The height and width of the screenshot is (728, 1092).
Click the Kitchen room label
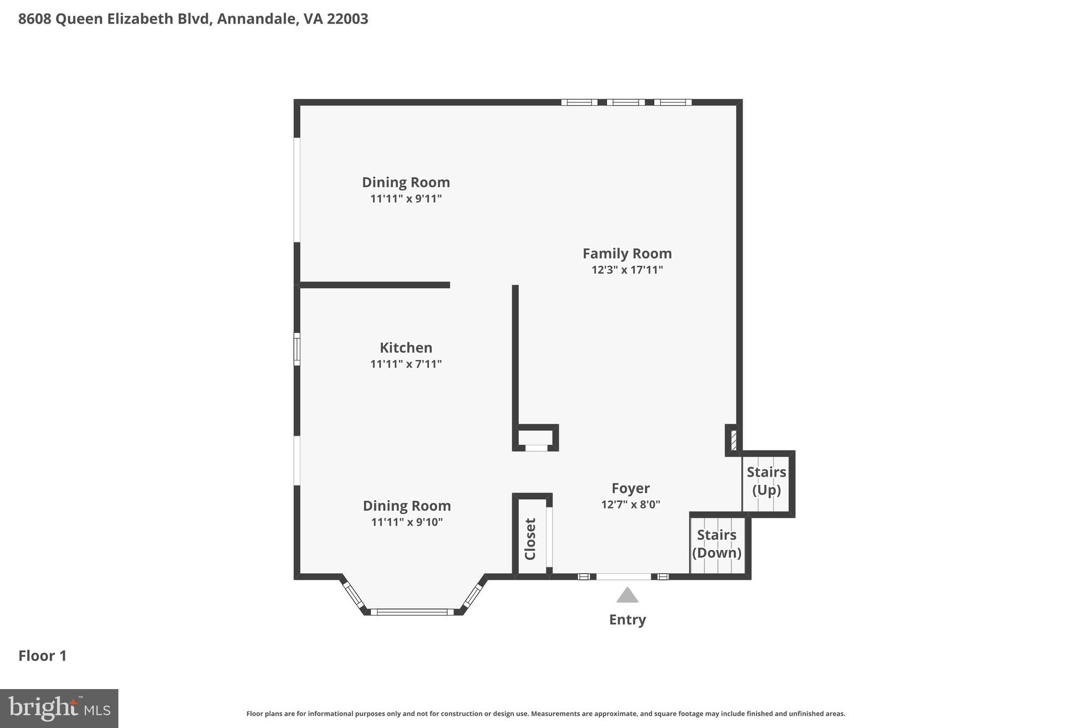click(406, 348)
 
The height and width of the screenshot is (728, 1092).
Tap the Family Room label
click(627, 253)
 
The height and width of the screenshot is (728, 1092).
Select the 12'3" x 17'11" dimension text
click(627, 270)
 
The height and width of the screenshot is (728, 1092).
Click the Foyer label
click(630, 488)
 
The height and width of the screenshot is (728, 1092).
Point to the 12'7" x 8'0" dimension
click(630, 505)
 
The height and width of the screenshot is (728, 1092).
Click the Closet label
click(530, 539)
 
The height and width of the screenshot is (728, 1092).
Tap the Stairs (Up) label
click(766, 481)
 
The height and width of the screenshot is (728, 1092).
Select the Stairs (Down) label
click(717, 543)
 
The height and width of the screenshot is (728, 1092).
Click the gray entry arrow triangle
click(627, 596)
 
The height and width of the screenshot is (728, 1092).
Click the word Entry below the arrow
click(627, 620)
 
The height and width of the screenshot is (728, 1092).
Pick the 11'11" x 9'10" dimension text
click(407, 522)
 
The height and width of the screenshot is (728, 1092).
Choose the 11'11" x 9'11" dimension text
click(406, 199)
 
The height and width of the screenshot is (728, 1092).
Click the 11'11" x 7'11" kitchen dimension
click(406, 364)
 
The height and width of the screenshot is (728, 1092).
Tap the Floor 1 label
click(43, 656)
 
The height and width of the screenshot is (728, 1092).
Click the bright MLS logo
click(59, 708)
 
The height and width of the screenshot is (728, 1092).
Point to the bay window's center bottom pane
click(412, 612)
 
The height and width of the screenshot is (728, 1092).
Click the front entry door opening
click(623, 577)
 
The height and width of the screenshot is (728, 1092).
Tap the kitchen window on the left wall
click(297, 349)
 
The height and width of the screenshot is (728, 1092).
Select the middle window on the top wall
click(625, 102)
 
